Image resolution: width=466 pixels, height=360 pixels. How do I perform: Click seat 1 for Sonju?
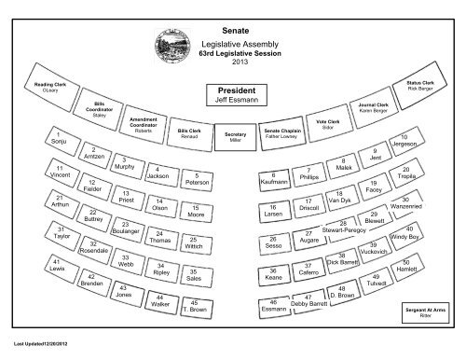click(x=62, y=144)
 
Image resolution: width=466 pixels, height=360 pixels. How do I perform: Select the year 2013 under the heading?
click(x=232, y=62)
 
